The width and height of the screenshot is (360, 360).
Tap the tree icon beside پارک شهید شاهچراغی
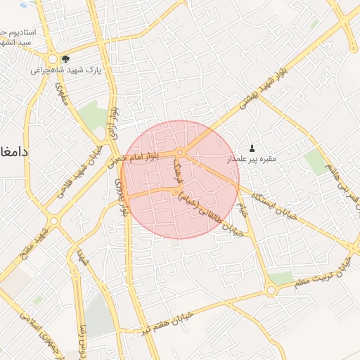[65, 60]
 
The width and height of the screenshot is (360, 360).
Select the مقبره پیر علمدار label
[251, 159]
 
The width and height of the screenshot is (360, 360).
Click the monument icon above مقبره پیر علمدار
[252, 147]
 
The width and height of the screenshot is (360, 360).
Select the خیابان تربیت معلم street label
[324, 274]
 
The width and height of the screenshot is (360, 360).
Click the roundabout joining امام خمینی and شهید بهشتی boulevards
[181, 153]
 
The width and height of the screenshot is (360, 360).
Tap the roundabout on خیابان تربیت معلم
[271, 290]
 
